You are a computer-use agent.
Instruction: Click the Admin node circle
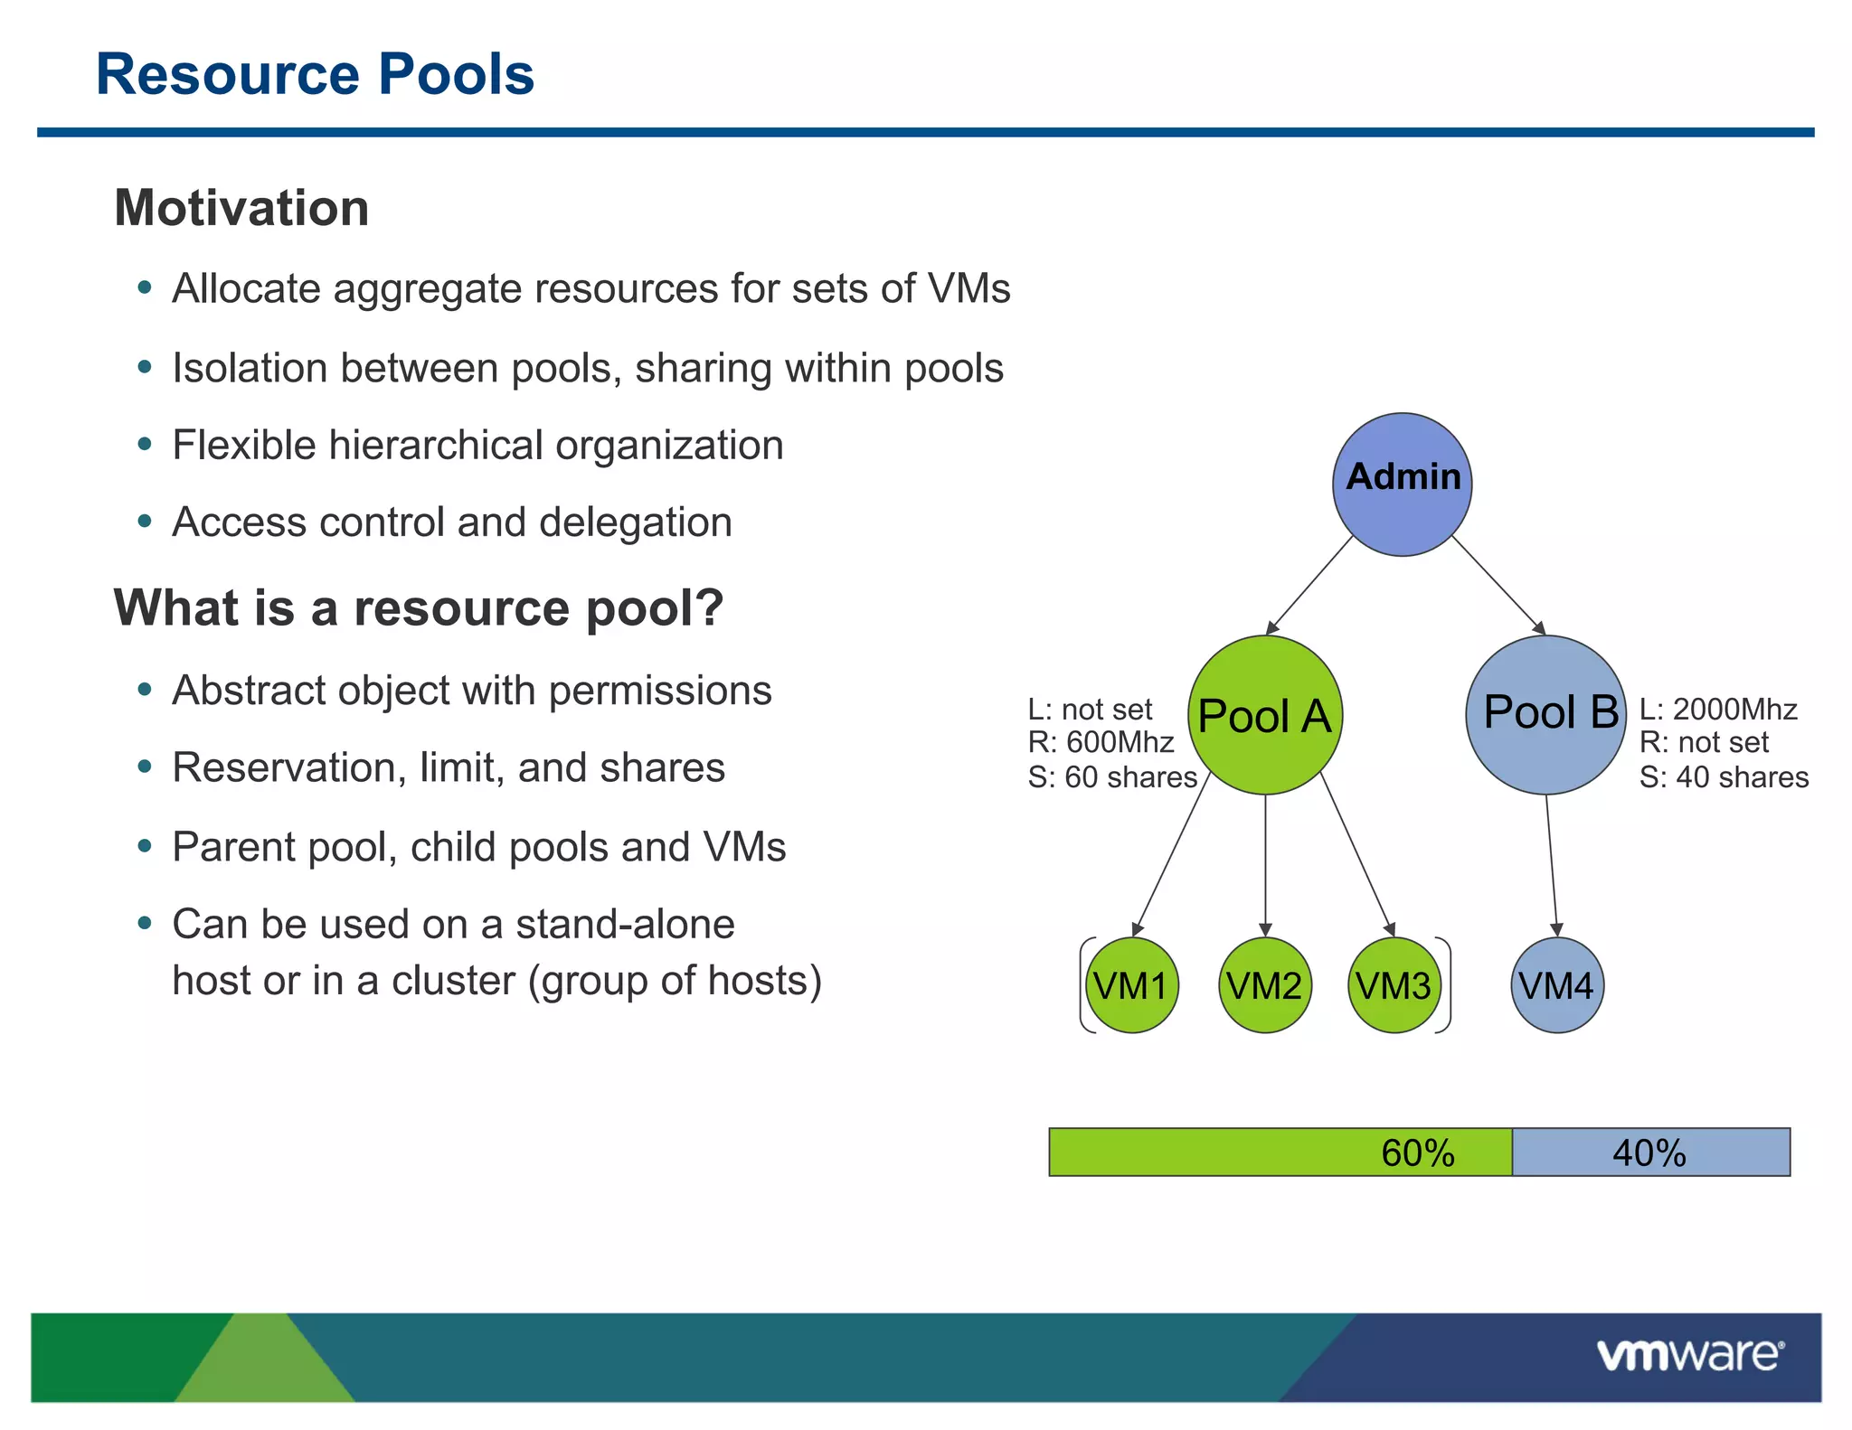1402,485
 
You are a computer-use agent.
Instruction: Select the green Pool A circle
1264,715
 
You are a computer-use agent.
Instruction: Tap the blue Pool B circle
1546,715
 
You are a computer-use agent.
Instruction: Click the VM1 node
1131,985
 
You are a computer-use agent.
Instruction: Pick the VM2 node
1264,985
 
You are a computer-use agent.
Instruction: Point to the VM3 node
1394,985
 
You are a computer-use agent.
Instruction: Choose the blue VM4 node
1556,985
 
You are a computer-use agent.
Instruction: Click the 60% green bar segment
1280,1152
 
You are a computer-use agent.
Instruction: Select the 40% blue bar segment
1650,1152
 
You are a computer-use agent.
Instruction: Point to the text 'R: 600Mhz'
1101,742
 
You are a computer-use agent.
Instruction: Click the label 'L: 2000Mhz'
1718,710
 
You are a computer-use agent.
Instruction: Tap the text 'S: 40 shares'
1724,777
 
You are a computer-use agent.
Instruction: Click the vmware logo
1689,1356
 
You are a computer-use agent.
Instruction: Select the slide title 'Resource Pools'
315,74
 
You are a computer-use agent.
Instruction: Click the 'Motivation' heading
241,208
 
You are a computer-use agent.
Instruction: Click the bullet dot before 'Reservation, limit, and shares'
145,767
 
